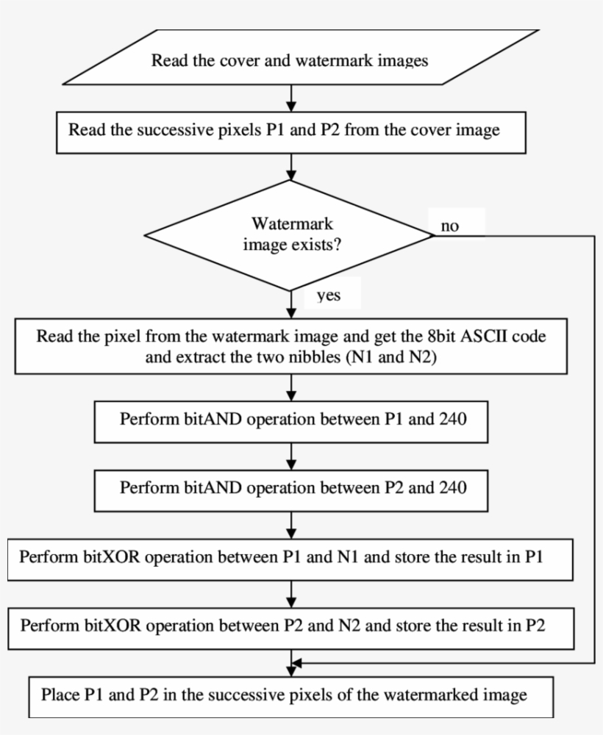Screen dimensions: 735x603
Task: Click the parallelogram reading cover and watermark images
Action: tap(290, 60)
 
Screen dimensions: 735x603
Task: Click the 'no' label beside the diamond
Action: tap(449, 226)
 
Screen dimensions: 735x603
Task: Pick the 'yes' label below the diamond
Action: tap(328, 295)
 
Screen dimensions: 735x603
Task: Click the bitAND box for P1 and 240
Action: tap(291, 421)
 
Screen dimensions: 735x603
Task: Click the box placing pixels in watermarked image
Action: tap(290, 695)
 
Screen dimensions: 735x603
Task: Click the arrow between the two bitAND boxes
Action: tap(292, 456)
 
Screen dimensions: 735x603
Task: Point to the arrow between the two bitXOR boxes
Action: tap(292, 592)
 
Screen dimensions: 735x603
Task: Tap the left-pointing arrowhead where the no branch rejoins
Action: tap(297, 663)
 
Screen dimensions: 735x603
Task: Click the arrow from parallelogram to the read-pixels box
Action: tap(292, 96)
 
